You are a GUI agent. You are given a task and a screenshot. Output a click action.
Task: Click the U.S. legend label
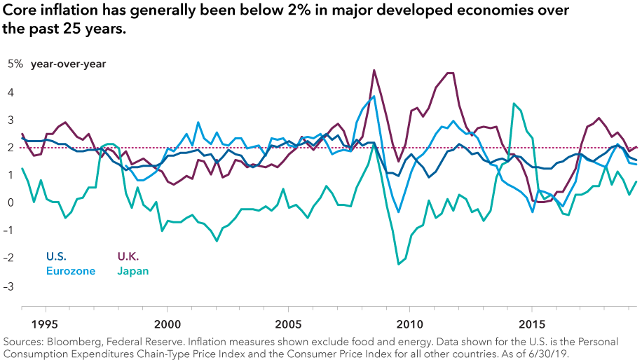(x=57, y=256)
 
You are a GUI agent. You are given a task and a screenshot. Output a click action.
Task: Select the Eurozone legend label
(x=69, y=270)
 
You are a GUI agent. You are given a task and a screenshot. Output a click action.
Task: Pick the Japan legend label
(x=132, y=270)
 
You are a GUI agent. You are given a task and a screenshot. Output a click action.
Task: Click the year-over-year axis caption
(x=68, y=64)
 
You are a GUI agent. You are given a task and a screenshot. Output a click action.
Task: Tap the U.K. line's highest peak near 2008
(x=374, y=70)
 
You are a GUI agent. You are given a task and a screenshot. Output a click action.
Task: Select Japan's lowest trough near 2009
(x=399, y=264)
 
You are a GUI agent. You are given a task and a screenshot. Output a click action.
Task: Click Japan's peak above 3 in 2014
(x=514, y=104)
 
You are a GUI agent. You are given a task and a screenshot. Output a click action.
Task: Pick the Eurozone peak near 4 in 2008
(x=374, y=97)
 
